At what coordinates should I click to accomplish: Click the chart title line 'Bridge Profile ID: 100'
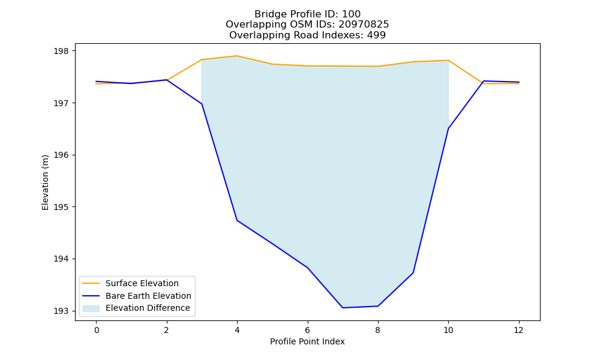(307, 14)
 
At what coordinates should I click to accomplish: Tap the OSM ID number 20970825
(364, 25)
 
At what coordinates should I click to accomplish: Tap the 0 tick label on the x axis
(97, 330)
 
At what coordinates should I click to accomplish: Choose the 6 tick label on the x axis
(307, 330)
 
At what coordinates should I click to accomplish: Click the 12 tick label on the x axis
(518, 330)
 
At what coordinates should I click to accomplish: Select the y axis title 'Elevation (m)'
(45, 182)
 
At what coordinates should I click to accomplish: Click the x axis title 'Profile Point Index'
(307, 341)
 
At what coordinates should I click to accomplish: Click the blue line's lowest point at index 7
(343, 308)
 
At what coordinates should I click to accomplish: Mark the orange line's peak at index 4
(237, 56)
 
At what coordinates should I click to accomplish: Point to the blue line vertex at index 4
(237, 220)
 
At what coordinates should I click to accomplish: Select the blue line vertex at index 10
(448, 128)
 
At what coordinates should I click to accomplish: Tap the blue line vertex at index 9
(413, 273)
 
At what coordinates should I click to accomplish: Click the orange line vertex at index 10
(448, 60)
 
